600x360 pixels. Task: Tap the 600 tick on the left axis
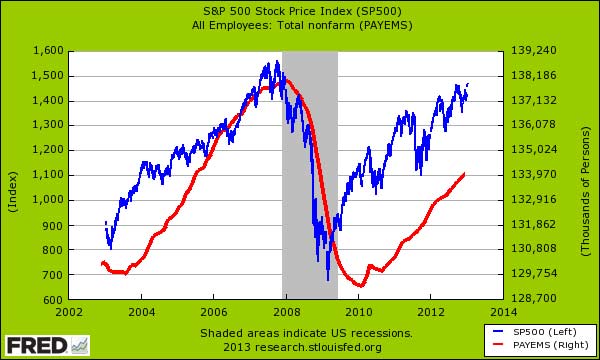click(x=52, y=300)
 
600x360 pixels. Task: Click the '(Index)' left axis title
click(x=13, y=175)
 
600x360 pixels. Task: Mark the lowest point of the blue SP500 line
click(x=328, y=280)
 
